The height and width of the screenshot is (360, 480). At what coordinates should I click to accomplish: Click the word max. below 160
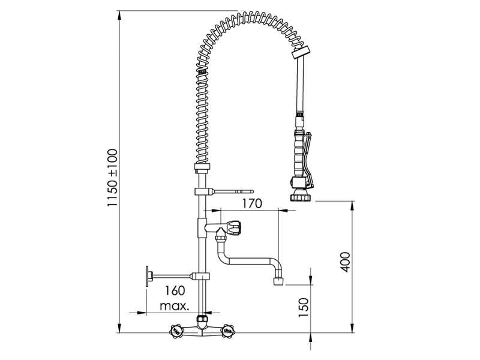(x=175, y=306)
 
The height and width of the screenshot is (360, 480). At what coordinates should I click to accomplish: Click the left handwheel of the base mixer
(x=177, y=331)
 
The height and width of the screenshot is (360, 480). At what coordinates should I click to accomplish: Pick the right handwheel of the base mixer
(x=227, y=330)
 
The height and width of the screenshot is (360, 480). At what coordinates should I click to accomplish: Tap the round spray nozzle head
(x=298, y=196)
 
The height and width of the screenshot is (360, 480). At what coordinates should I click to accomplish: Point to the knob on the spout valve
(x=234, y=228)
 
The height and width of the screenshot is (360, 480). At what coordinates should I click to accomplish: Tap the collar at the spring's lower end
(x=202, y=169)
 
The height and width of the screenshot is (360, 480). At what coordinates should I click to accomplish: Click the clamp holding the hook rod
(x=202, y=191)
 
